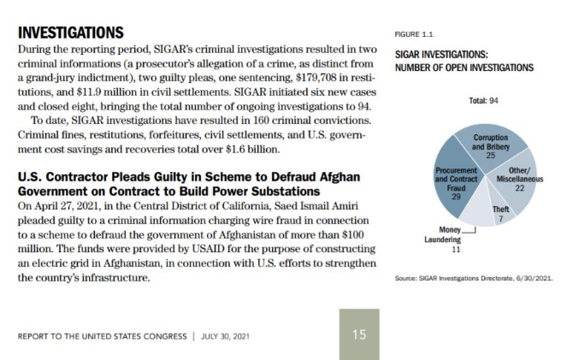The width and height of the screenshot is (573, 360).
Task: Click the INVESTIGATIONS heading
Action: point(71,33)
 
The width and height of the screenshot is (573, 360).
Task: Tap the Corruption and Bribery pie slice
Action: point(490,145)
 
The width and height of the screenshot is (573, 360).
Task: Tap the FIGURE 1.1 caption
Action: point(414,34)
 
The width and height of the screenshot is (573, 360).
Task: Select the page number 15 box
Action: point(358,333)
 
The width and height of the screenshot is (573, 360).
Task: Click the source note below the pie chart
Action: point(473,279)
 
